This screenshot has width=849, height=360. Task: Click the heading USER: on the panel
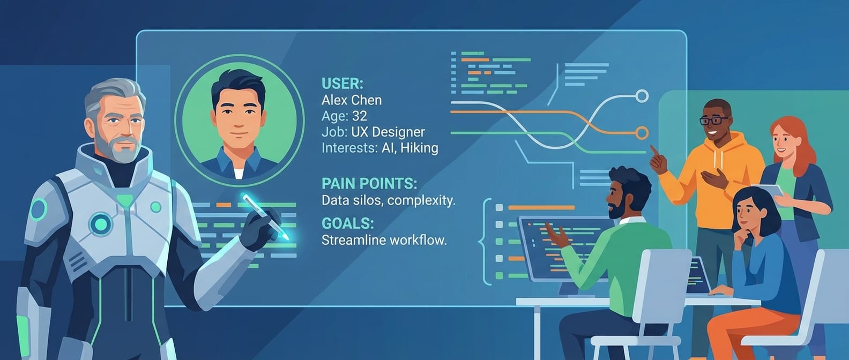pos(342,84)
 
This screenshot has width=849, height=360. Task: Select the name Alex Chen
pos(352,100)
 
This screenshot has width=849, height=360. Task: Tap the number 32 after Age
pos(359,116)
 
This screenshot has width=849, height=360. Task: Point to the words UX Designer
pos(388,132)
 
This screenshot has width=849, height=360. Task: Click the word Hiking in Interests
pos(419,148)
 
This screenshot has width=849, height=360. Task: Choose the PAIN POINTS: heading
pos(369,184)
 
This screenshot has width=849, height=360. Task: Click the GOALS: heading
pos(347,223)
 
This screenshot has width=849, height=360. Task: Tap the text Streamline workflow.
pos(384,240)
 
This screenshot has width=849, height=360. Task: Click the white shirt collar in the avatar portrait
pos(239,172)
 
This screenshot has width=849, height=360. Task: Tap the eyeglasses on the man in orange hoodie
pos(713,121)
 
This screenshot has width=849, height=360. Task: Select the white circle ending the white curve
pos(642,96)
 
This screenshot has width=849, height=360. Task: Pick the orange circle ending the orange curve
pos(642,133)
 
